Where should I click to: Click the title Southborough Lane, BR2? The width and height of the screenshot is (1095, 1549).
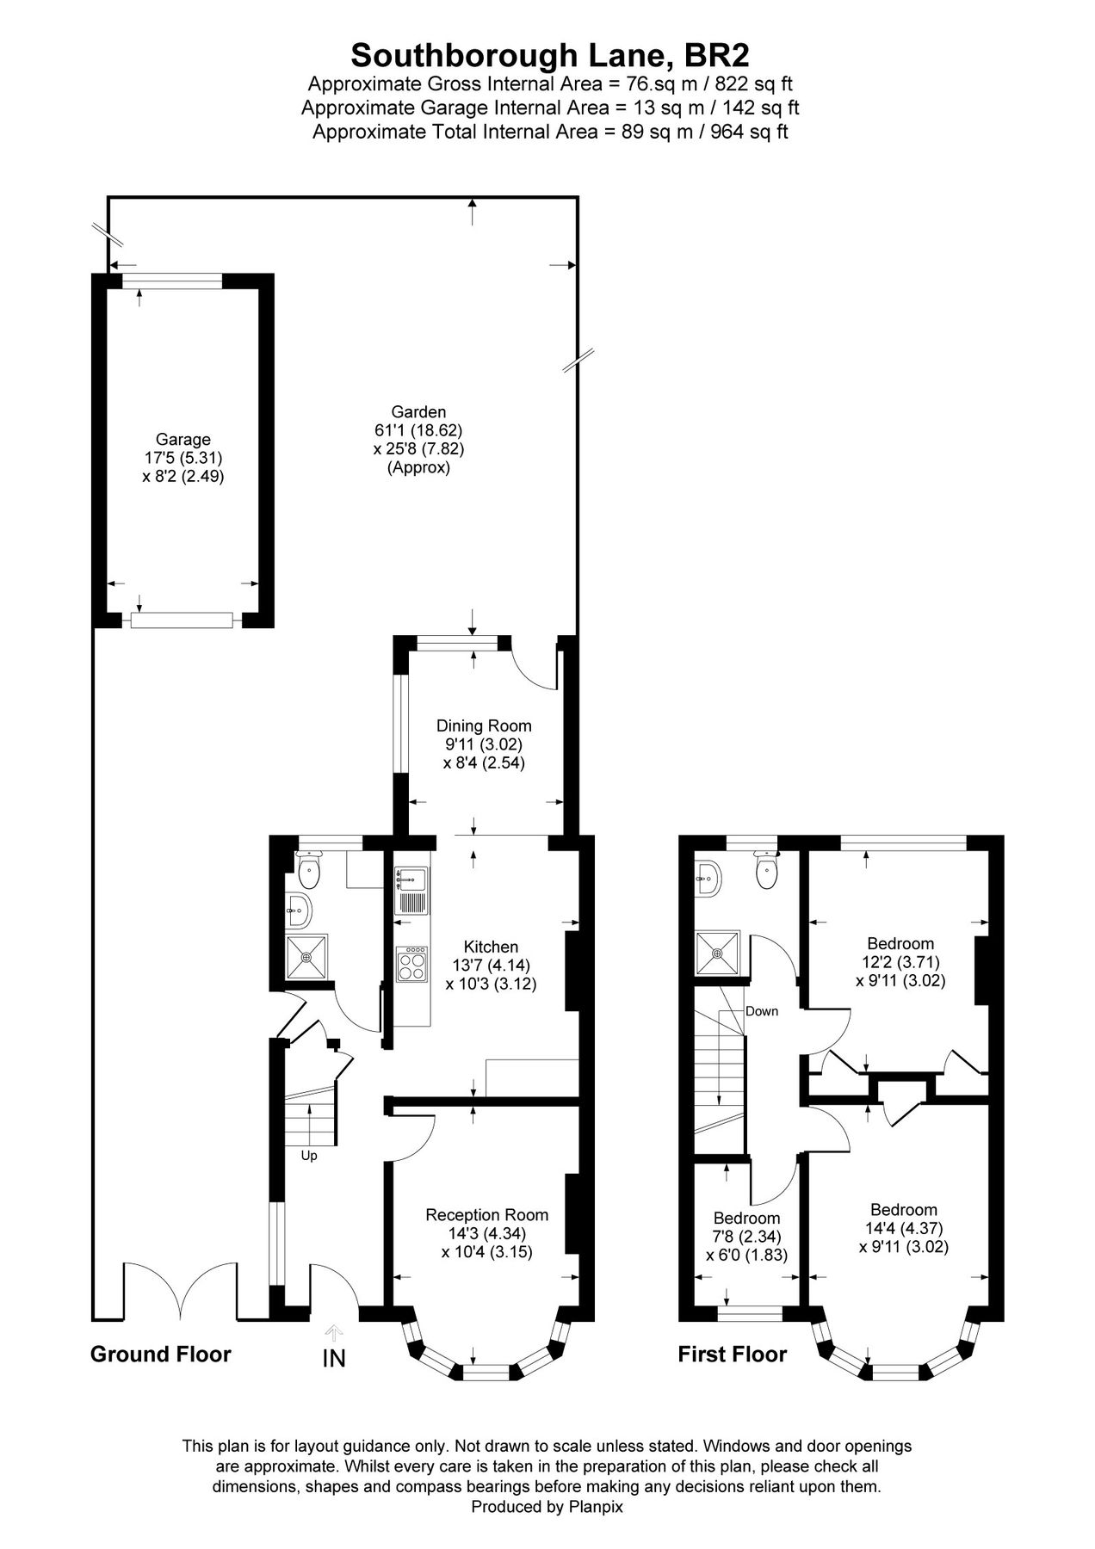click(550, 56)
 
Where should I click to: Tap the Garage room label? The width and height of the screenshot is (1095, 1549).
click(182, 440)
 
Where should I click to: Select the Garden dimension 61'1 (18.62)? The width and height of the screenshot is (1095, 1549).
click(418, 430)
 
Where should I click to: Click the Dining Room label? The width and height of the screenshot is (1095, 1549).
click(484, 725)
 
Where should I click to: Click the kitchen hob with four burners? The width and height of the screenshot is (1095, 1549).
click(411, 963)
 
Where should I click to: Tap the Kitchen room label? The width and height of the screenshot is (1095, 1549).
click(491, 947)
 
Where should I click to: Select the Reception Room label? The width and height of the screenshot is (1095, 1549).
click(486, 1215)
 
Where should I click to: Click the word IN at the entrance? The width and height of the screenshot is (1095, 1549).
click(334, 1359)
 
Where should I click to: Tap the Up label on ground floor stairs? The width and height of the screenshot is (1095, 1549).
click(309, 1156)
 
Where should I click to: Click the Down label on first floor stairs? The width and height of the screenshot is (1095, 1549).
click(762, 1011)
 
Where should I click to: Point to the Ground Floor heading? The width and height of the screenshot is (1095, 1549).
click(161, 1355)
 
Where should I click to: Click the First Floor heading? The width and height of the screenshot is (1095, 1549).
click(732, 1355)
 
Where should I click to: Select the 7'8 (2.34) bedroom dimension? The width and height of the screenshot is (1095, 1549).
click(746, 1237)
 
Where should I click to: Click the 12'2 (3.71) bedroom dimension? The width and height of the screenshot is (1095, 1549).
click(900, 962)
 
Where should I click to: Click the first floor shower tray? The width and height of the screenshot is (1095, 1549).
click(718, 953)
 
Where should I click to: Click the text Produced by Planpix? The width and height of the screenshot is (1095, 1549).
click(547, 1507)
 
